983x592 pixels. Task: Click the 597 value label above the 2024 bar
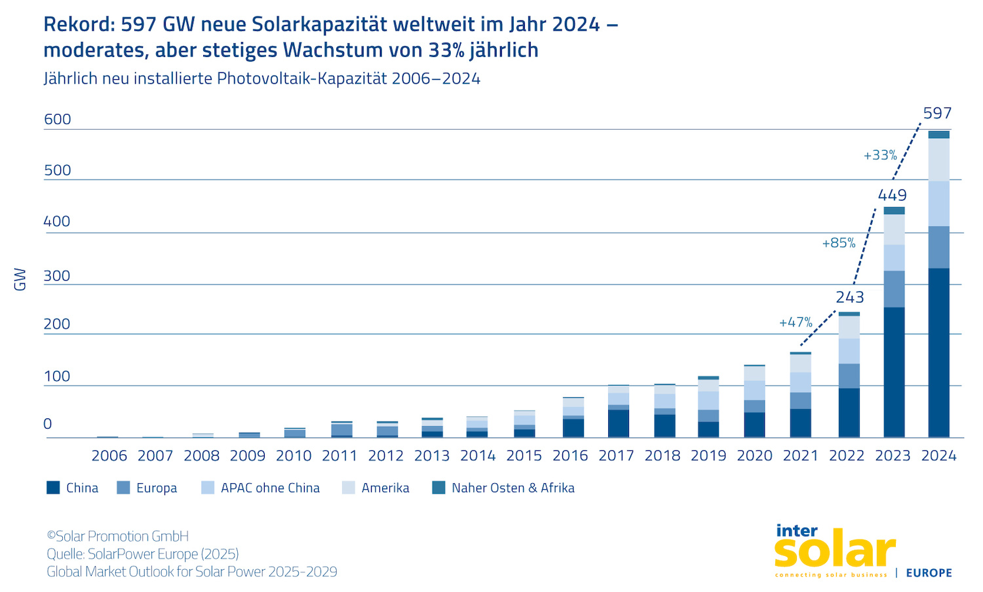point(937,113)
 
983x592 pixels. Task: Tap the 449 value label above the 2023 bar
point(892,195)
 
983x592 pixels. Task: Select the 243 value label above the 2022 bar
point(850,298)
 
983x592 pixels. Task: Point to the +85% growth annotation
point(839,243)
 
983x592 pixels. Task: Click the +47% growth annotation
point(796,323)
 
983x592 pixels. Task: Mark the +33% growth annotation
point(880,155)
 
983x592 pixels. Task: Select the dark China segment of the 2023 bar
point(894,372)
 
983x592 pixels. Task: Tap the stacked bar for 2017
point(618,412)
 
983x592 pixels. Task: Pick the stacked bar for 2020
point(754,402)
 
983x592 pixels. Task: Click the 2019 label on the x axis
point(708,456)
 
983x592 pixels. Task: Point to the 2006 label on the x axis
point(109,456)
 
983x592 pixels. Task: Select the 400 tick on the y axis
point(57,222)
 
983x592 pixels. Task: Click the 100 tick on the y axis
point(57,376)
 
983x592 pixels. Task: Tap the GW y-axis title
point(20,279)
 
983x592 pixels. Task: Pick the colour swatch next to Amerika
point(349,488)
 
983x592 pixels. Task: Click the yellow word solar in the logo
point(834,551)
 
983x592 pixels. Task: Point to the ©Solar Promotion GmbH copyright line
point(118,536)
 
